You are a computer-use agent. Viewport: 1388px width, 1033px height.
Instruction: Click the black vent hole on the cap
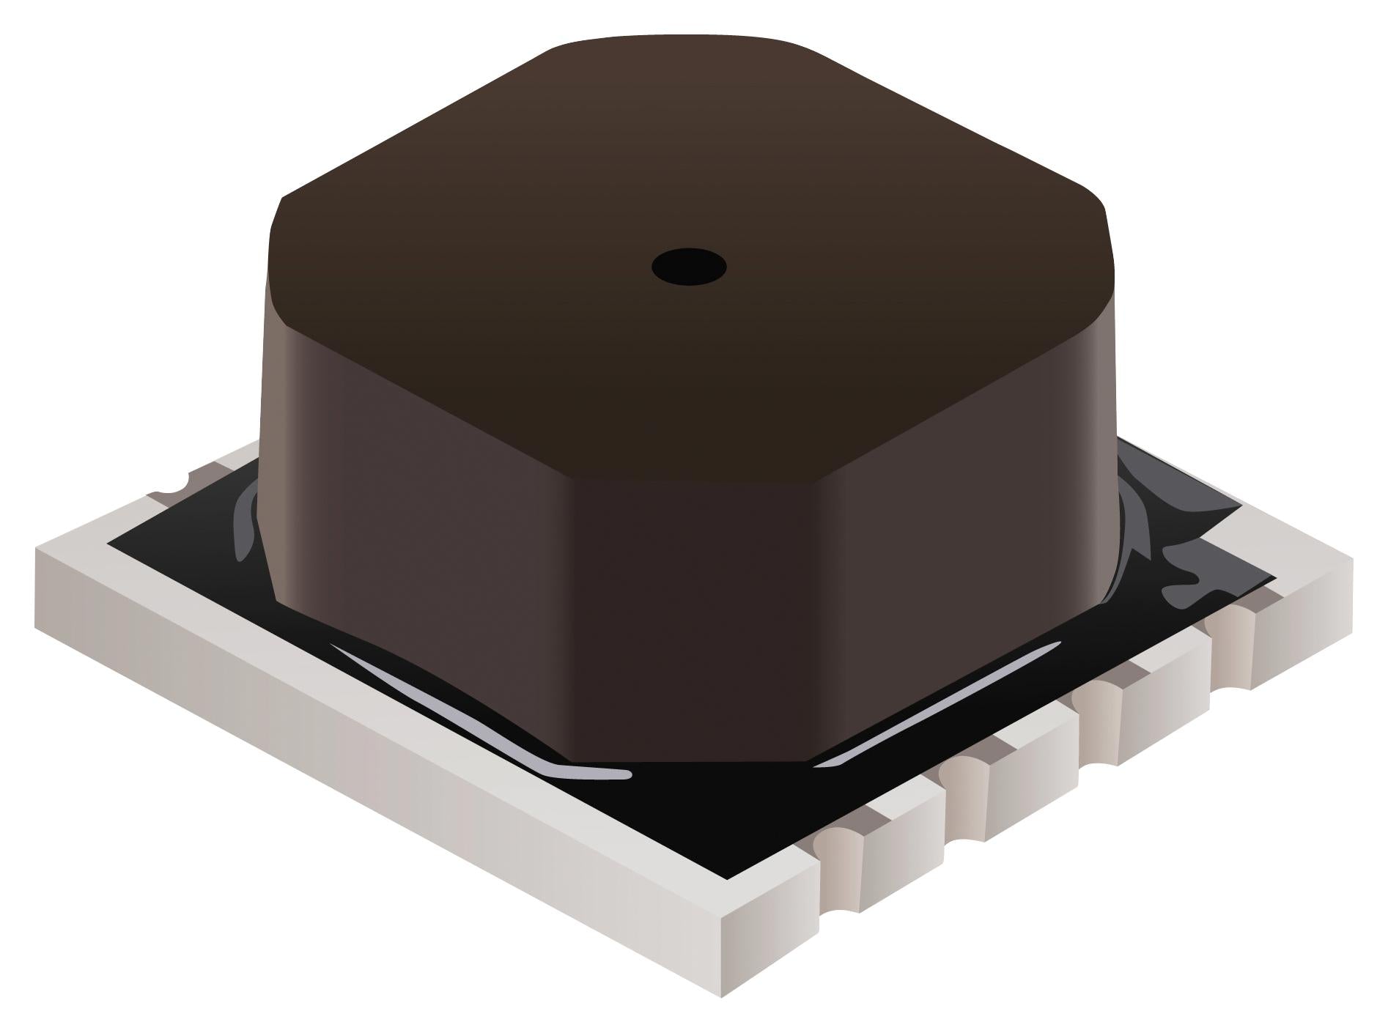(689, 266)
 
